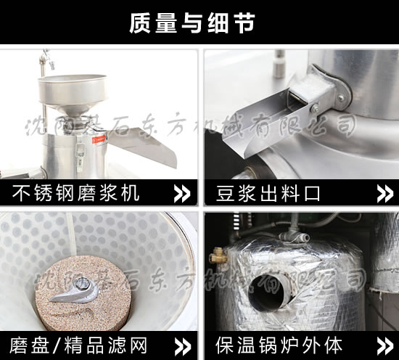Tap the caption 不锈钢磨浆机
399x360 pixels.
pyautogui.click(x=77, y=193)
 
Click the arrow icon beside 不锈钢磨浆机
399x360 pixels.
pyautogui.click(x=183, y=193)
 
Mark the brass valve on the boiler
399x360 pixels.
pyautogui.click(x=215, y=254)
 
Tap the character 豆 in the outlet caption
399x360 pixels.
pyautogui.click(x=226, y=193)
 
